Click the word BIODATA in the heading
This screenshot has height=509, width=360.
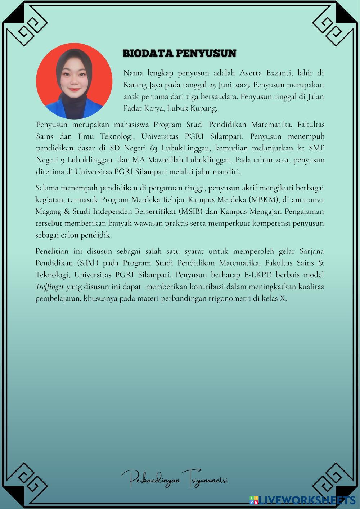(x=148, y=53)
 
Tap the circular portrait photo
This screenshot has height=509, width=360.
(x=74, y=81)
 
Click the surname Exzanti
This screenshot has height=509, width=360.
(x=281, y=73)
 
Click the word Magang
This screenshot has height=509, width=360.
(x=49, y=211)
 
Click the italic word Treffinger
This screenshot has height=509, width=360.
(x=50, y=287)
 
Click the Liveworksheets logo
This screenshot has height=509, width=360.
(x=302, y=500)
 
